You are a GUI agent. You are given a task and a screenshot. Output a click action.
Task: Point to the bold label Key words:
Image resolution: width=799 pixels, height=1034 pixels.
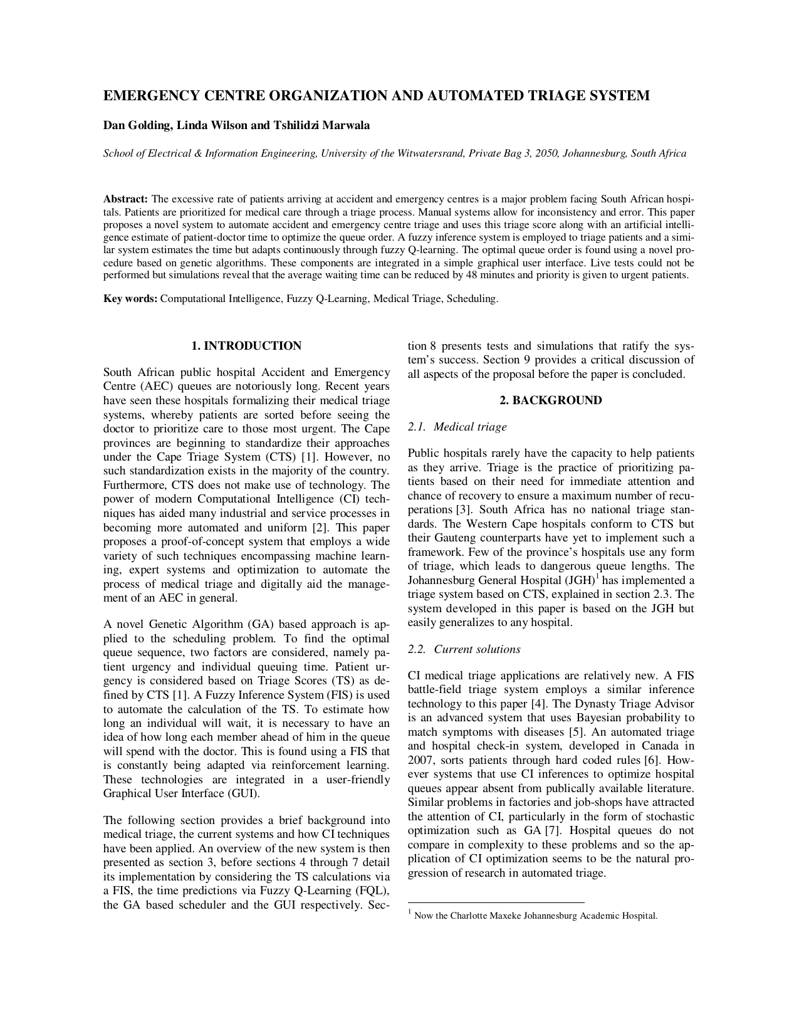tap(130, 299)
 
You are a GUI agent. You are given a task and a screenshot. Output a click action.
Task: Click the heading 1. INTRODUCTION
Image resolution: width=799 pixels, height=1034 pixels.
tap(246, 346)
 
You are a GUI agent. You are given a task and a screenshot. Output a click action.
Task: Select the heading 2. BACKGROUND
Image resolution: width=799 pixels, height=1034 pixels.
tap(551, 400)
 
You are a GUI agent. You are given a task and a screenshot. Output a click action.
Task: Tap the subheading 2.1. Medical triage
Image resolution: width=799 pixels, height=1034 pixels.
tap(457, 427)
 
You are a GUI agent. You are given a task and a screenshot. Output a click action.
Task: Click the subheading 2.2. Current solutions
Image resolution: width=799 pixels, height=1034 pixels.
tap(464, 649)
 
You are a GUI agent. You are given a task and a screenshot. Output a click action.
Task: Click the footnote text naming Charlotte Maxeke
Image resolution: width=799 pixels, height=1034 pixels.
tap(536, 916)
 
